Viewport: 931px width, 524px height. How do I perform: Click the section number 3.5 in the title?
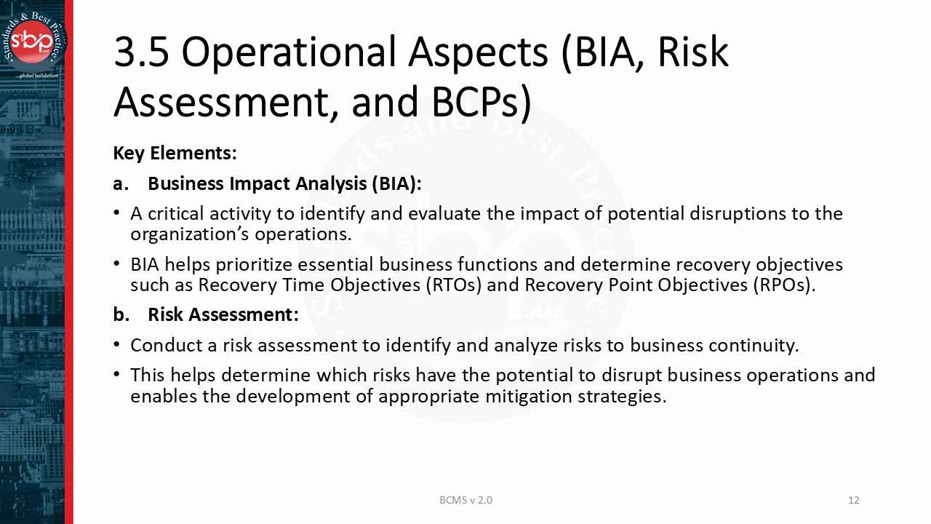[141, 52]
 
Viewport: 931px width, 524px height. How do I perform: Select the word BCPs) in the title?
[481, 102]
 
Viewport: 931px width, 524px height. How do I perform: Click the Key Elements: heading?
[175, 154]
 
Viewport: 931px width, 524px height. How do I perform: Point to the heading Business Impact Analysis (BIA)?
[284, 183]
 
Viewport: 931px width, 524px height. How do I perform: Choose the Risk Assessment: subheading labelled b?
[223, 314]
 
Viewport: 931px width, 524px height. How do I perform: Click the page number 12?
[854, 500]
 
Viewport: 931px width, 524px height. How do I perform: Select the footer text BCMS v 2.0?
[465, 500]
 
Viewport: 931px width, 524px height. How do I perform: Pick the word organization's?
[190, 234]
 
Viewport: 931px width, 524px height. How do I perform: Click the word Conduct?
[162, 345]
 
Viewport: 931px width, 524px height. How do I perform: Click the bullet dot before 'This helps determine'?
[117, 374]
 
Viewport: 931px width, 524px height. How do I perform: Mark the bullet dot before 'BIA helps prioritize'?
[117, 263]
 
